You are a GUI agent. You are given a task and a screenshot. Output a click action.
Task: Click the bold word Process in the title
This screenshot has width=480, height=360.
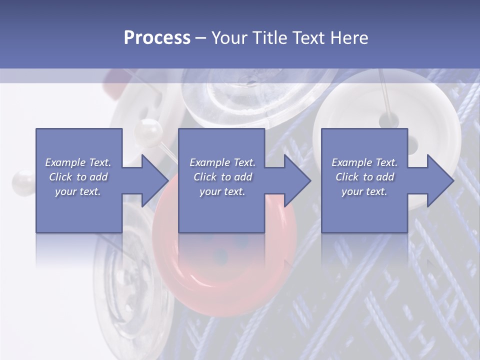coord(157,37)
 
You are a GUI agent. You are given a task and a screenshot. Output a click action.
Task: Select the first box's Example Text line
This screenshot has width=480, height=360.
coord(78,162)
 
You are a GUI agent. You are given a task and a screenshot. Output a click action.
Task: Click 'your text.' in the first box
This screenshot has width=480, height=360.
coord(78,191)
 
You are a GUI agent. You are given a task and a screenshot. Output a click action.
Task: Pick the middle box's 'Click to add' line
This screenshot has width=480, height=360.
coord(222,177)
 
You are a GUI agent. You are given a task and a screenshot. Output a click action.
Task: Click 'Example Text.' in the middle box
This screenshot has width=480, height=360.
coord(222,162)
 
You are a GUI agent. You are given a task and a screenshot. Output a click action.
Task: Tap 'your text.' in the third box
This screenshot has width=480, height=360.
coord(364,191)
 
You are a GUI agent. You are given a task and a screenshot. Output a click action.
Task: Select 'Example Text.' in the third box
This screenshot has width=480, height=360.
coord(364,162)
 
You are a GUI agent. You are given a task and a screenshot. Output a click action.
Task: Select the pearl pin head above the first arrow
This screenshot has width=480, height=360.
coord(148,131)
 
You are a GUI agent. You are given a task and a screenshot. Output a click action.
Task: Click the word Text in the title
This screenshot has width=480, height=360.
coord(308,37)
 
